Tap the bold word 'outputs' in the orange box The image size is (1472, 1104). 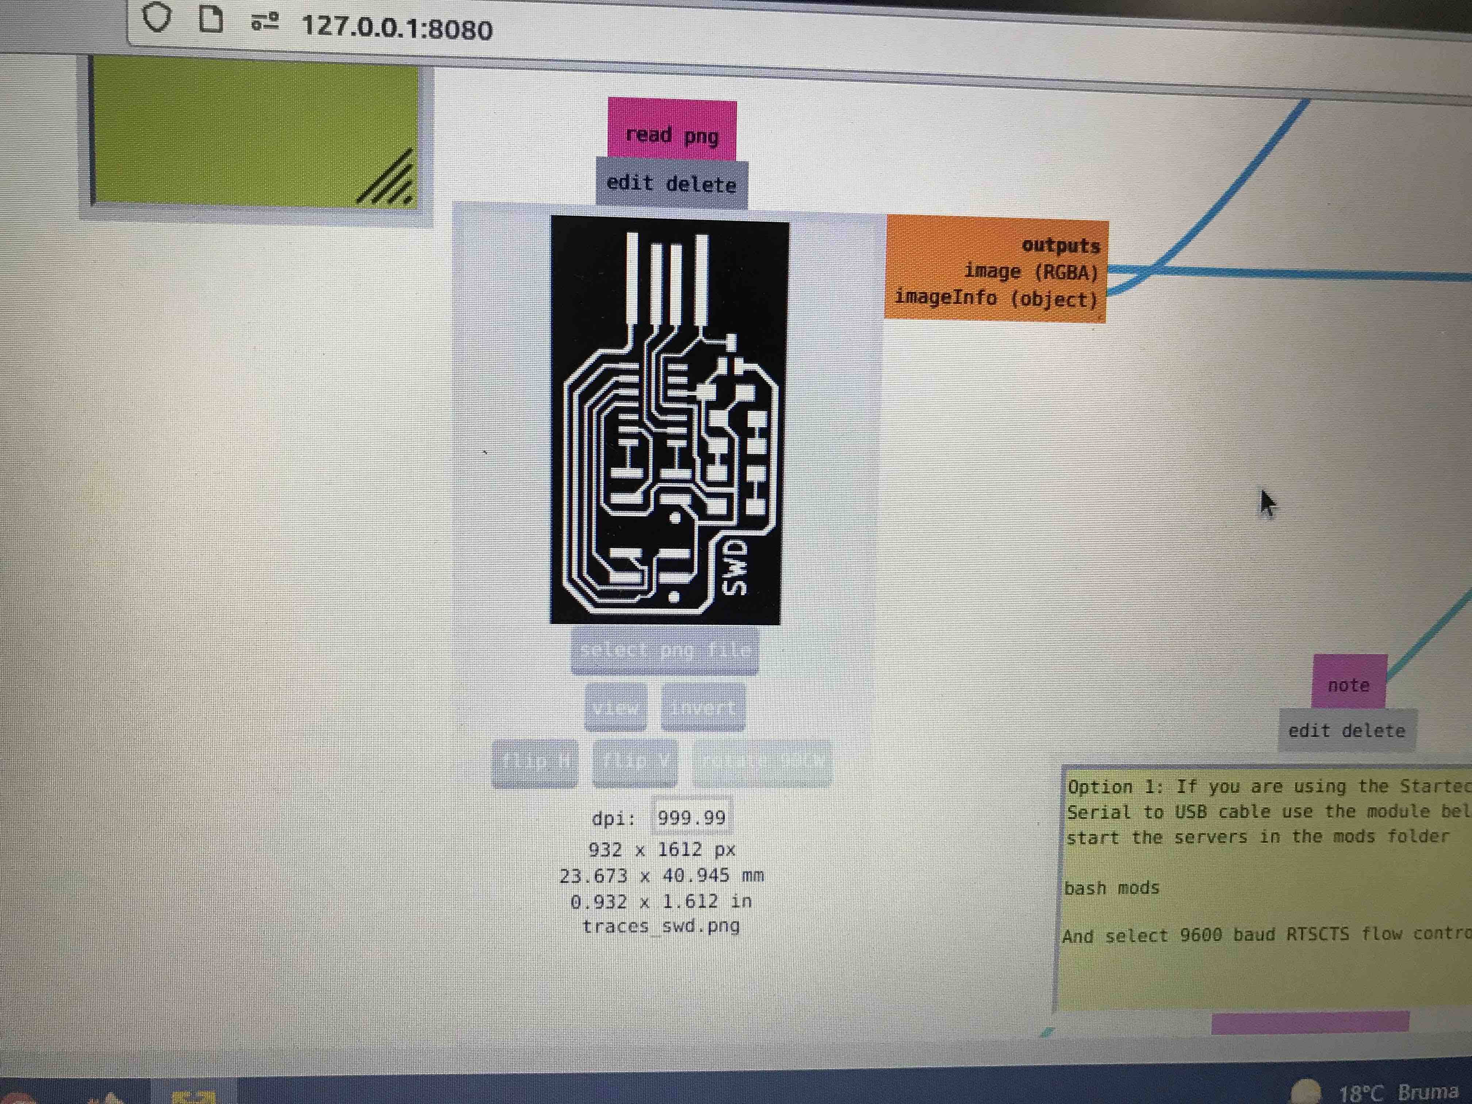tap(1061, 246)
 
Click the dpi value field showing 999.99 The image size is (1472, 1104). tap(691, 817)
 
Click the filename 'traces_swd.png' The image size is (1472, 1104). tap(661, 925)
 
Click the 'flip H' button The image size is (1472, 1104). tap(535, 760)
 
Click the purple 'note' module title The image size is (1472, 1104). tap(1348, 685)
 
